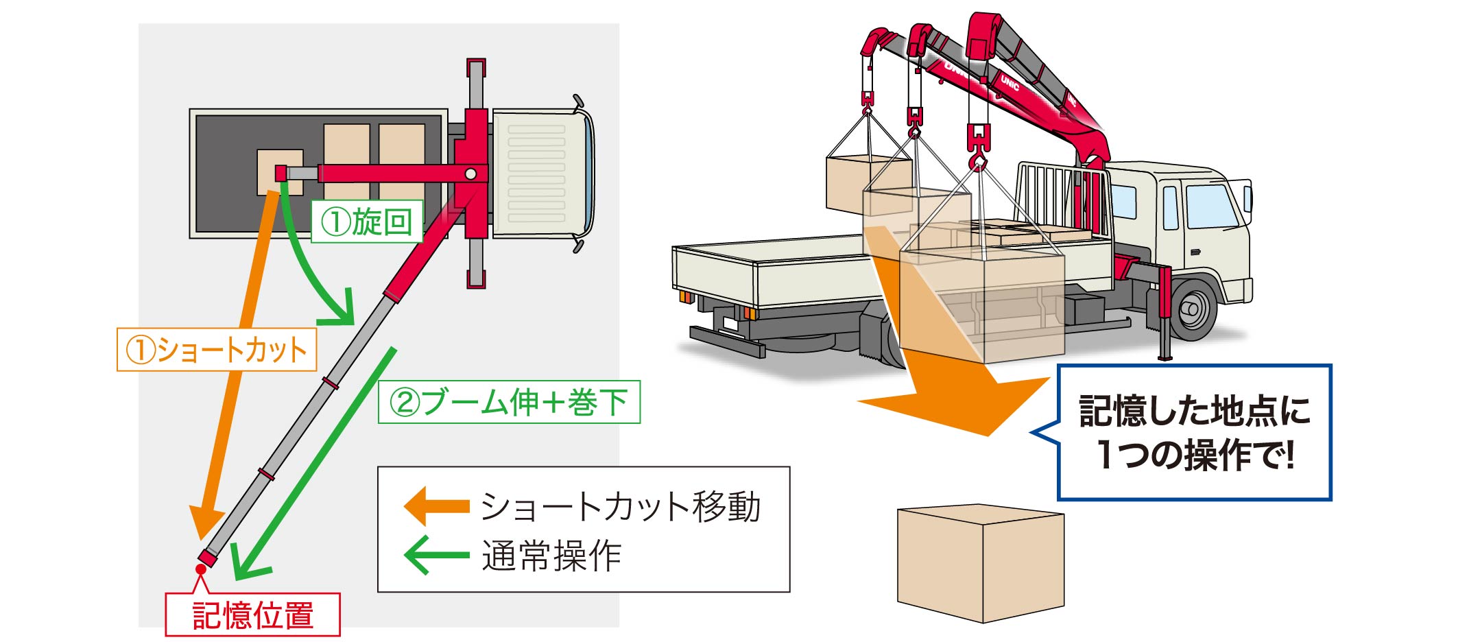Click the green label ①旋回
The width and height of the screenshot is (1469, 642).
coord(367,222)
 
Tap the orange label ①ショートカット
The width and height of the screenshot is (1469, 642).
coord(217,350)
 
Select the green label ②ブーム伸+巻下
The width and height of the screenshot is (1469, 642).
coord(509,402)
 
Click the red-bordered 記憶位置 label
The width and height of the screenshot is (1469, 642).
coord(252,615)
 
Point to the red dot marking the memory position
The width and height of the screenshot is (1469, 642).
coord(201,569)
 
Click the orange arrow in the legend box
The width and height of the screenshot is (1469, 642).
coord(436,506)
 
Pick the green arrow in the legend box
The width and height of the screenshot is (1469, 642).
coord(436,554)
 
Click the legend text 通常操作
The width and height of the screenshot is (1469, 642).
coord(551,556)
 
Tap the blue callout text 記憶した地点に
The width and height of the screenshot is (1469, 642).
coord(1194,410)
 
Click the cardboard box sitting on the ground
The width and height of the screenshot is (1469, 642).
coord(981,562)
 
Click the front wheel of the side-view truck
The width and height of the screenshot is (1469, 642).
coord(1193,309)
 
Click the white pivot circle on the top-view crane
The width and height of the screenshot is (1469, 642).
coord(470,174)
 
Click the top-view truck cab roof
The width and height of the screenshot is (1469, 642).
coord(542,174)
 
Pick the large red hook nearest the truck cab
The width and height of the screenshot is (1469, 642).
coord(978,147)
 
